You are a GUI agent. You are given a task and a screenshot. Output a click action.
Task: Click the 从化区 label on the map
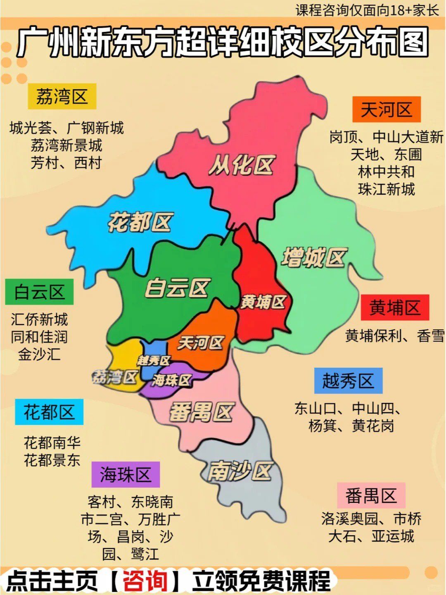click(242, 165)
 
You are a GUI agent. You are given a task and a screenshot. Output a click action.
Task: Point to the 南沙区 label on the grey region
click(239, 471)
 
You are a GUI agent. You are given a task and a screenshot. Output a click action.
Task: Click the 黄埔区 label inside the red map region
click(263, 302)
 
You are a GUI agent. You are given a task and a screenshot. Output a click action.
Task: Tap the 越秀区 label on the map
click(154, 361)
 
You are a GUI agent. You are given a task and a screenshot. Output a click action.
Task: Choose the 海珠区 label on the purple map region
click(171, 380)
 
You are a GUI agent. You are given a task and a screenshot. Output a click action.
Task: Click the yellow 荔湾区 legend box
click(62, 97)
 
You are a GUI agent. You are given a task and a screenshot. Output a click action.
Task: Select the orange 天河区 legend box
click(386, 109)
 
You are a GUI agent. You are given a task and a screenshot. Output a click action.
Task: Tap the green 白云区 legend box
click(39, 292)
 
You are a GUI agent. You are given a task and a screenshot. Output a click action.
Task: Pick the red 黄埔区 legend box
click(395, 308)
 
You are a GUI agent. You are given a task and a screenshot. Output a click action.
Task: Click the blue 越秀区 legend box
click(348, 381)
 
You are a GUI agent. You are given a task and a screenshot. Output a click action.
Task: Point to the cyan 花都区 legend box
click(49, 412)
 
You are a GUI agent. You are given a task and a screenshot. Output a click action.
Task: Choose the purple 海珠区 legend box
click(126, 475)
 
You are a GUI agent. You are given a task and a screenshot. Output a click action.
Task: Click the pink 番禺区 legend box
click(371, 495)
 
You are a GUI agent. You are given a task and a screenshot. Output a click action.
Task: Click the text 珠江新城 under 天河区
click(387, 189)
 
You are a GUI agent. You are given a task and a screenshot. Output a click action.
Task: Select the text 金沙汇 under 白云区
click(39, 354)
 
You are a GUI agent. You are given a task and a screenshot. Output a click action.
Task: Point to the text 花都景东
click(52, 460)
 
